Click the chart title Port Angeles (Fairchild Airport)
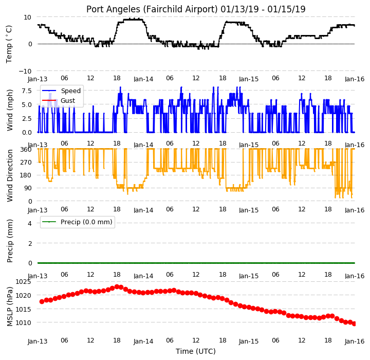pyautogui.click(x=152, y=9)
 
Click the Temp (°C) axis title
pyautogui.click(x=9, y=44)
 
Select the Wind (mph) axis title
pyautogui.click(x=10, y=110)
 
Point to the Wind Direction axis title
pyautogui.click(x=10, y=175)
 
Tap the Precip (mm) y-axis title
pyautogui.click(x=10, y=241)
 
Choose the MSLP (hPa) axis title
pyautogui.click(x=10, y=307)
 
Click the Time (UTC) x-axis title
pyautogui.click(x=196, y=351)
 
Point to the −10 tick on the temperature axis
pyautogui.click(x=25, y=71)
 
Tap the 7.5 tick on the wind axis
pyautogui.click(x=27, y=91)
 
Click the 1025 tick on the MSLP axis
pyautogui.click(x=23, y=282)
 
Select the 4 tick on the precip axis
pyautogui.click(x=30, y=223)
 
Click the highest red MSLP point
pyautogui.click(x=117, y=287)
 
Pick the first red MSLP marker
pyautogui.click(x=42, y=302)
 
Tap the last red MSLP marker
pyautogui.click(x=354, y=324)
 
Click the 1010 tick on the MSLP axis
pyautogui.click(x=23, y=322)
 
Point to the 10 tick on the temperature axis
pyautogui.click(x=28, y=17)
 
